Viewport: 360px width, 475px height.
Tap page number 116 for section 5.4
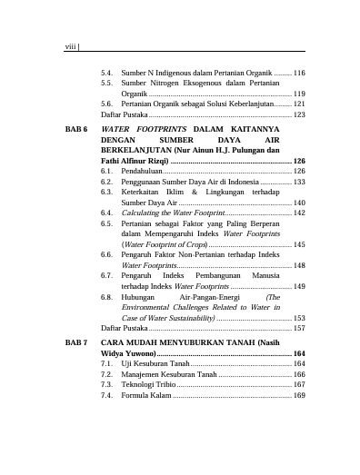coord(299,72)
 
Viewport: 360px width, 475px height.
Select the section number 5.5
coord(107,83)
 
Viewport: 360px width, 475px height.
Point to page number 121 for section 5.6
coord(299,104)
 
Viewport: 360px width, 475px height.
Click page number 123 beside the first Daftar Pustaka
coord(299,115)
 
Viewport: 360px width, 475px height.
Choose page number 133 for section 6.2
coord(299,181)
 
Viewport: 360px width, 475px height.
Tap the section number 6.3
coord(107,192)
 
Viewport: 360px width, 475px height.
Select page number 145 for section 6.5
coord(299,245)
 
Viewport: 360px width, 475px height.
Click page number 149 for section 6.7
coord(299,286)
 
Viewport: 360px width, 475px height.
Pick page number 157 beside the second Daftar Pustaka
coord(299,328)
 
